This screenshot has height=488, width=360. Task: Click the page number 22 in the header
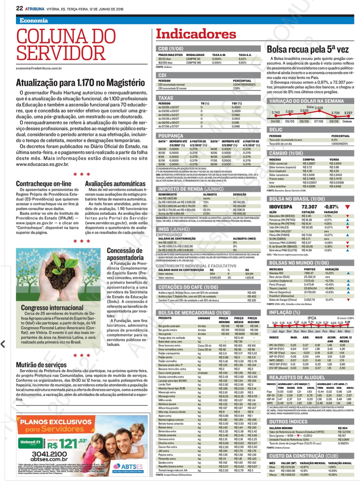[x=19, y=8]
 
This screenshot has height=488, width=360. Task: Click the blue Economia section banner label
[x=34, y=21]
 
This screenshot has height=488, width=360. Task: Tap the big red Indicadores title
[x=196, y=34]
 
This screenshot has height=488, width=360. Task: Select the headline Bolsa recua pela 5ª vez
[x=307, y=49]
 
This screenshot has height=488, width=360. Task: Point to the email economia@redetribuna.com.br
[x=39, y=68]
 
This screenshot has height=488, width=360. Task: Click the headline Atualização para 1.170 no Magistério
[x=80, y=83]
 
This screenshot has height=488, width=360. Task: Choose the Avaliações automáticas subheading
[x=115, y=184]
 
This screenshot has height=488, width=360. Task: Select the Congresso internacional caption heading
[x=52, y=308]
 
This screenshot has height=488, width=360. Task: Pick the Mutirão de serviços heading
[x=41, y=365]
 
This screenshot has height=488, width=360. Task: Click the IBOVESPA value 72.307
[x=309, y=207]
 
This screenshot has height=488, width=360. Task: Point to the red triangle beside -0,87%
[x=347, y=207]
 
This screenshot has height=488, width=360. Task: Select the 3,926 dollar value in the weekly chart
[x=319, y=108]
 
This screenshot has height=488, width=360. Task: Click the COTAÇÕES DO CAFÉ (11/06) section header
[x=188, y=287]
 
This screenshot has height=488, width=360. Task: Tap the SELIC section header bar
[x=276, y=130]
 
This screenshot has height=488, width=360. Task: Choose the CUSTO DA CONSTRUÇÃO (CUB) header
[x=299, y=456]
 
